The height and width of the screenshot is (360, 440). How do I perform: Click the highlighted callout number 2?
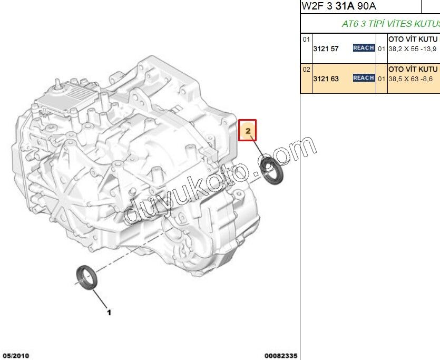pos(248,131)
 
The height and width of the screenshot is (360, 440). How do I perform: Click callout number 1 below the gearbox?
pos(109,313)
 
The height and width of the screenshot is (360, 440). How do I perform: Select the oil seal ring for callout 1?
pos(87,277)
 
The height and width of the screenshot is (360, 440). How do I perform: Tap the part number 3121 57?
pos(326,49)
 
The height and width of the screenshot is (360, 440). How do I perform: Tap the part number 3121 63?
pos(326,79)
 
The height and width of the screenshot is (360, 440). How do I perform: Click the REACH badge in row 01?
pos(364,48)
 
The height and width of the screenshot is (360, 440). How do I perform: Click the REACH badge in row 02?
pos(364,77)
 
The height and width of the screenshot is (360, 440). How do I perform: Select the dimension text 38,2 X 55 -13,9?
pos(412,49)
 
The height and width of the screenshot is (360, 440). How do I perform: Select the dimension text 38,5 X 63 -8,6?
pos(410,79)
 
